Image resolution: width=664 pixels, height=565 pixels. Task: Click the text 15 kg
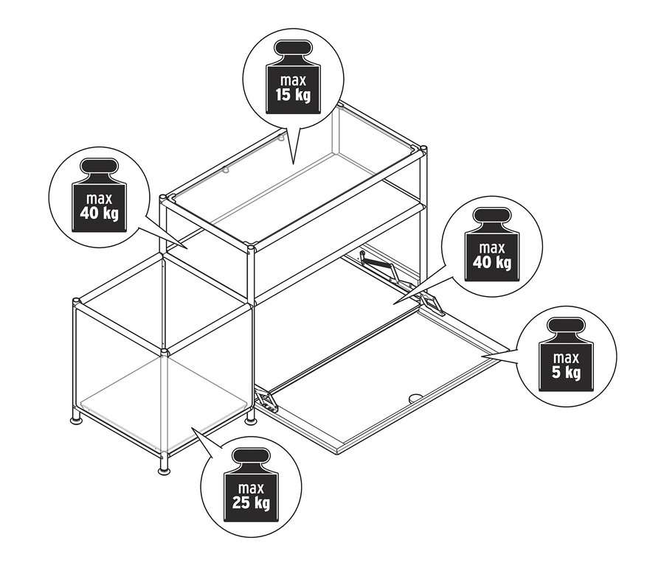click(293, 96)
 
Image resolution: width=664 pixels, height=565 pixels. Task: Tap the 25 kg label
click(251, 503)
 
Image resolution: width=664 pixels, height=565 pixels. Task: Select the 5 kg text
click(566, 373)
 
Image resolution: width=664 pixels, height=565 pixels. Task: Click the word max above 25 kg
click(251, 488)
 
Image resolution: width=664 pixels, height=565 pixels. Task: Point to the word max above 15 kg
click(293, 80)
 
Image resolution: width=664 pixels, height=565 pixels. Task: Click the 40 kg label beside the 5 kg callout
click(491, 263)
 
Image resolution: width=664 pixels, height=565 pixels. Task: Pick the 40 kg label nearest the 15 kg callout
click(99, 214)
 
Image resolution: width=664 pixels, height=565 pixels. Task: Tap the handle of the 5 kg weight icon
click(566, 326)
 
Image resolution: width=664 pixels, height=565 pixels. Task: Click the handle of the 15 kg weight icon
click(293, 47)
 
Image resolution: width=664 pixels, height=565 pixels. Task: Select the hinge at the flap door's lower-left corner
click(266, 401)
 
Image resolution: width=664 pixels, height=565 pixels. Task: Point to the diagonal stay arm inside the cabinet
click(378, 265)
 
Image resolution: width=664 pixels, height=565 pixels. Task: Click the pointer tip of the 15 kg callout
click(293, 164)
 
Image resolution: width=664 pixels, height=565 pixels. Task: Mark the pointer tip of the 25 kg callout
click(192, 428)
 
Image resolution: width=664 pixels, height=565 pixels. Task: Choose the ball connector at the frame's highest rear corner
click(339, 104)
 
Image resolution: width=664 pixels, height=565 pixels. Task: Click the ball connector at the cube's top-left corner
click(76, 302)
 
